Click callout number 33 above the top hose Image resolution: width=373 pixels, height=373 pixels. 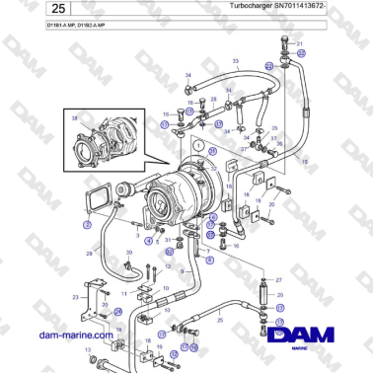point(236,61)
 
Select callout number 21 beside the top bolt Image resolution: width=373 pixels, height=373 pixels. point(301,44)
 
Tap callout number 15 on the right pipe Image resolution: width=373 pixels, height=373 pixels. point(305,161)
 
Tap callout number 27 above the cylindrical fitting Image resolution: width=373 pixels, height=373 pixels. point(279,281)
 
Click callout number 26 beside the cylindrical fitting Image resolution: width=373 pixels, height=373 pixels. point(279,294)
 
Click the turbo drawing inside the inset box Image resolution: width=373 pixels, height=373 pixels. point(104,143)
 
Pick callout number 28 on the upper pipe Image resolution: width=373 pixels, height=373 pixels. point(214,101)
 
